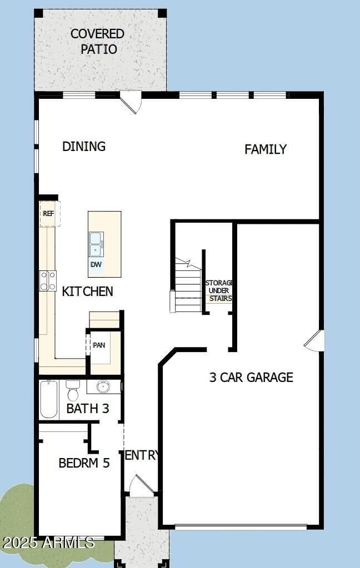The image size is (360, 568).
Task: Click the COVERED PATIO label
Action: (x=98, y=42)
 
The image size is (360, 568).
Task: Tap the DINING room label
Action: (x=84, y=147)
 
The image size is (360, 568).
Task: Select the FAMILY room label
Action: (x=266, y=149)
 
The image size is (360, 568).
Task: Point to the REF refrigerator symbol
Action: (x=49, y=214)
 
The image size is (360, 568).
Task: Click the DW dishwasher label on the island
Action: (x=96, y=265)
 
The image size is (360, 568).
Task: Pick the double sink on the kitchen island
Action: (x=96, y=243)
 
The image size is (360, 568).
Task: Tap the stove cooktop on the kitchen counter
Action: (x=48, y=280)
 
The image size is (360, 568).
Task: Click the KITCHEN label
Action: (x=87, y=291)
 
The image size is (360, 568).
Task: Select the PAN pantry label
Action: (x=99, y=345)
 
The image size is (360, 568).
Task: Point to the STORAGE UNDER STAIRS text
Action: (x=219, y=291)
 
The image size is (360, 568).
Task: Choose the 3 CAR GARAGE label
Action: (x=251, y=378)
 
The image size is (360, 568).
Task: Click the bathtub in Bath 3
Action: (x=49, y=400)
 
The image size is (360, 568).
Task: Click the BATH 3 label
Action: (x=88, y=409)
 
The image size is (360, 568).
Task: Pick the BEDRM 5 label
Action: (x=84, y=463)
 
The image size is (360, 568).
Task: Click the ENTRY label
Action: (x=142, y=456)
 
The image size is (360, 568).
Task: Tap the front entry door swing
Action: (x=140, y=486)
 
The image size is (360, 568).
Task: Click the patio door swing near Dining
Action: (x=131, y=103)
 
